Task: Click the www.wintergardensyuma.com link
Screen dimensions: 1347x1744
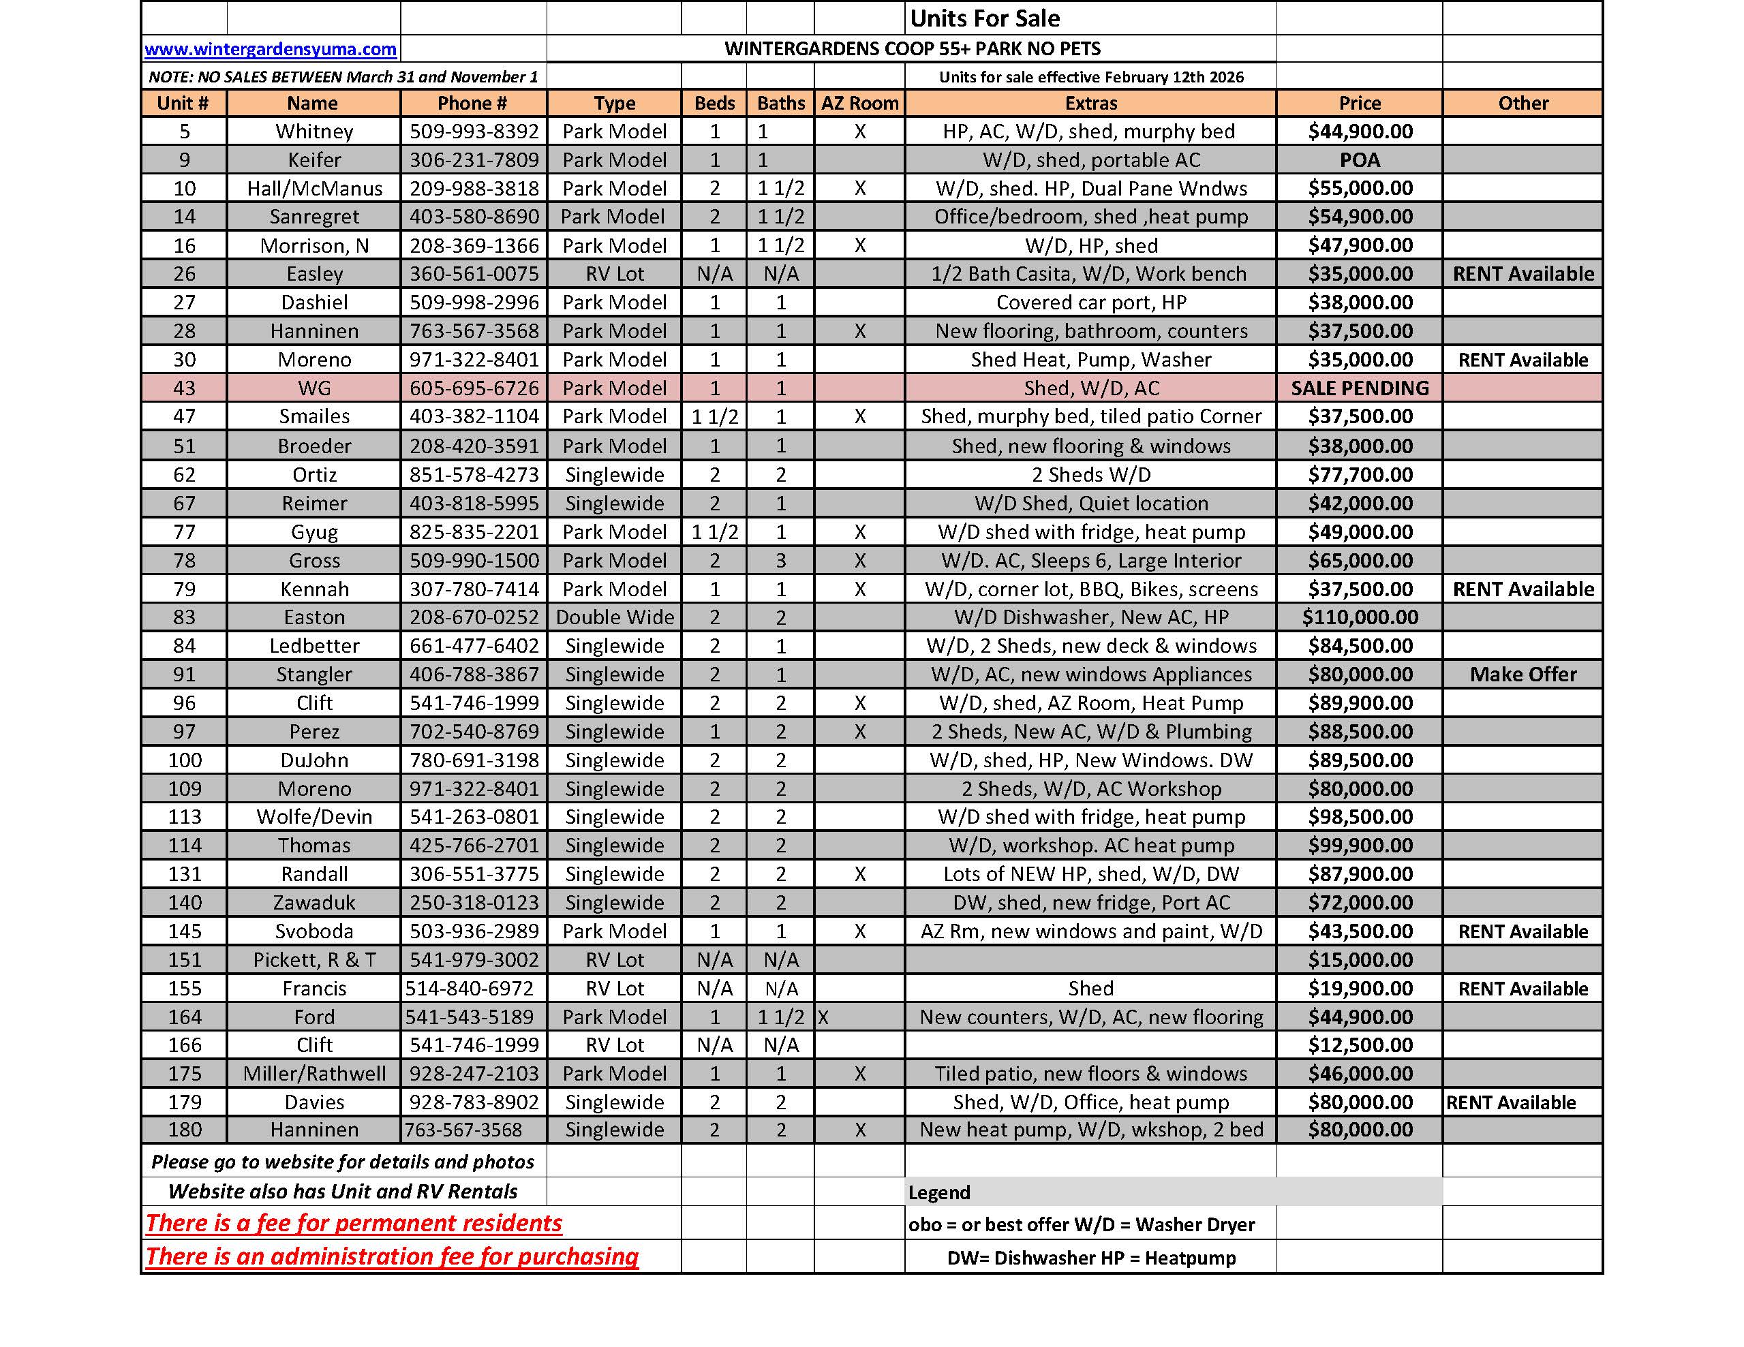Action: [270, 50]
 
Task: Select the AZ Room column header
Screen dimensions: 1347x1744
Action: [859, 103]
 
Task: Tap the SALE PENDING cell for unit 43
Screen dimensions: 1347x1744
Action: [1359, 388]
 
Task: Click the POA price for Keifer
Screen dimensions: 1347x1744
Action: [1359, 159]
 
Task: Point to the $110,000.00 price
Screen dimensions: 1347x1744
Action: [1359, 617]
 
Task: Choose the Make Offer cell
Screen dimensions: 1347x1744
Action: [1522, 675]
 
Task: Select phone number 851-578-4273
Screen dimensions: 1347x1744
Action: [474, 475]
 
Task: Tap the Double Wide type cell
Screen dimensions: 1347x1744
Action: [614, 617]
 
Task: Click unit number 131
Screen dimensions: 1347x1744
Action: [185, 874]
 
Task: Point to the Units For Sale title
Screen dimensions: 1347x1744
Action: [985, 18]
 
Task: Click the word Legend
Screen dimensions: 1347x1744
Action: [939, 1192]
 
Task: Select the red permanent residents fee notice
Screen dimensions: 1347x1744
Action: [354, 1223]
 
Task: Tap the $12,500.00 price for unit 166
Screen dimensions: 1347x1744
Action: [1359, 1045]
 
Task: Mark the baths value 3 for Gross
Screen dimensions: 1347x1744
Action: [780, 561]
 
